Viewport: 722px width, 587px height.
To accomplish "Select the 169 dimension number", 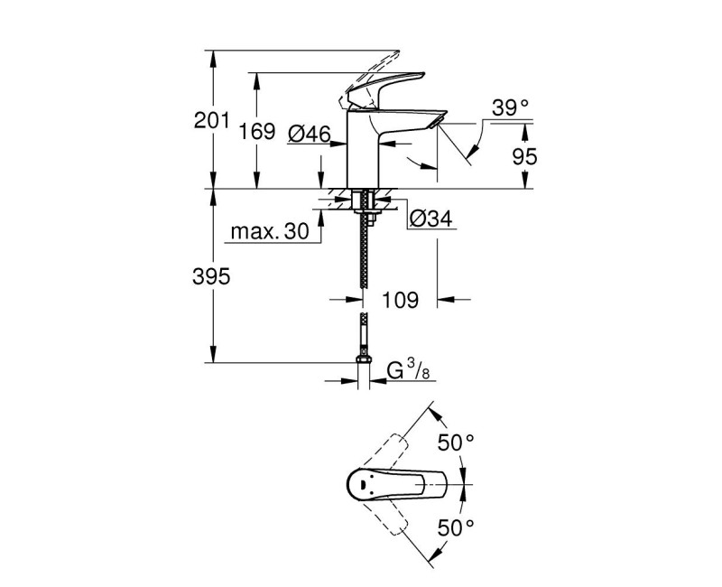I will pyautogui.click(x=256, y=133).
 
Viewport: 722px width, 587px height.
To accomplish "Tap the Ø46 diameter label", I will pyautogui.click(x=309, y=134).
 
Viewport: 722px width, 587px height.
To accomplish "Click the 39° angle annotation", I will pyautogui.click(x=510, y=108).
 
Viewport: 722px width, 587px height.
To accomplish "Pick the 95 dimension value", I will pyautogui.click(x=523, y=156).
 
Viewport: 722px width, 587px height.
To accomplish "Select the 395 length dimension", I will pyautogui.click(x=212, y=276).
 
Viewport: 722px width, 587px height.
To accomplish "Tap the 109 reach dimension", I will pyautogui.click(x=400, y=300).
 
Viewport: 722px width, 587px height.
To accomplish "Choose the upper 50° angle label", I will pyautogui.click(x=456, y=443).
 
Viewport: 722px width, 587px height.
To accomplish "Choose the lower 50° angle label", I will pyautogui.click(x=456, y=526).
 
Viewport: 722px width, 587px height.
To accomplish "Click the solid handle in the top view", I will pyautogui.click(x=397, y=486).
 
